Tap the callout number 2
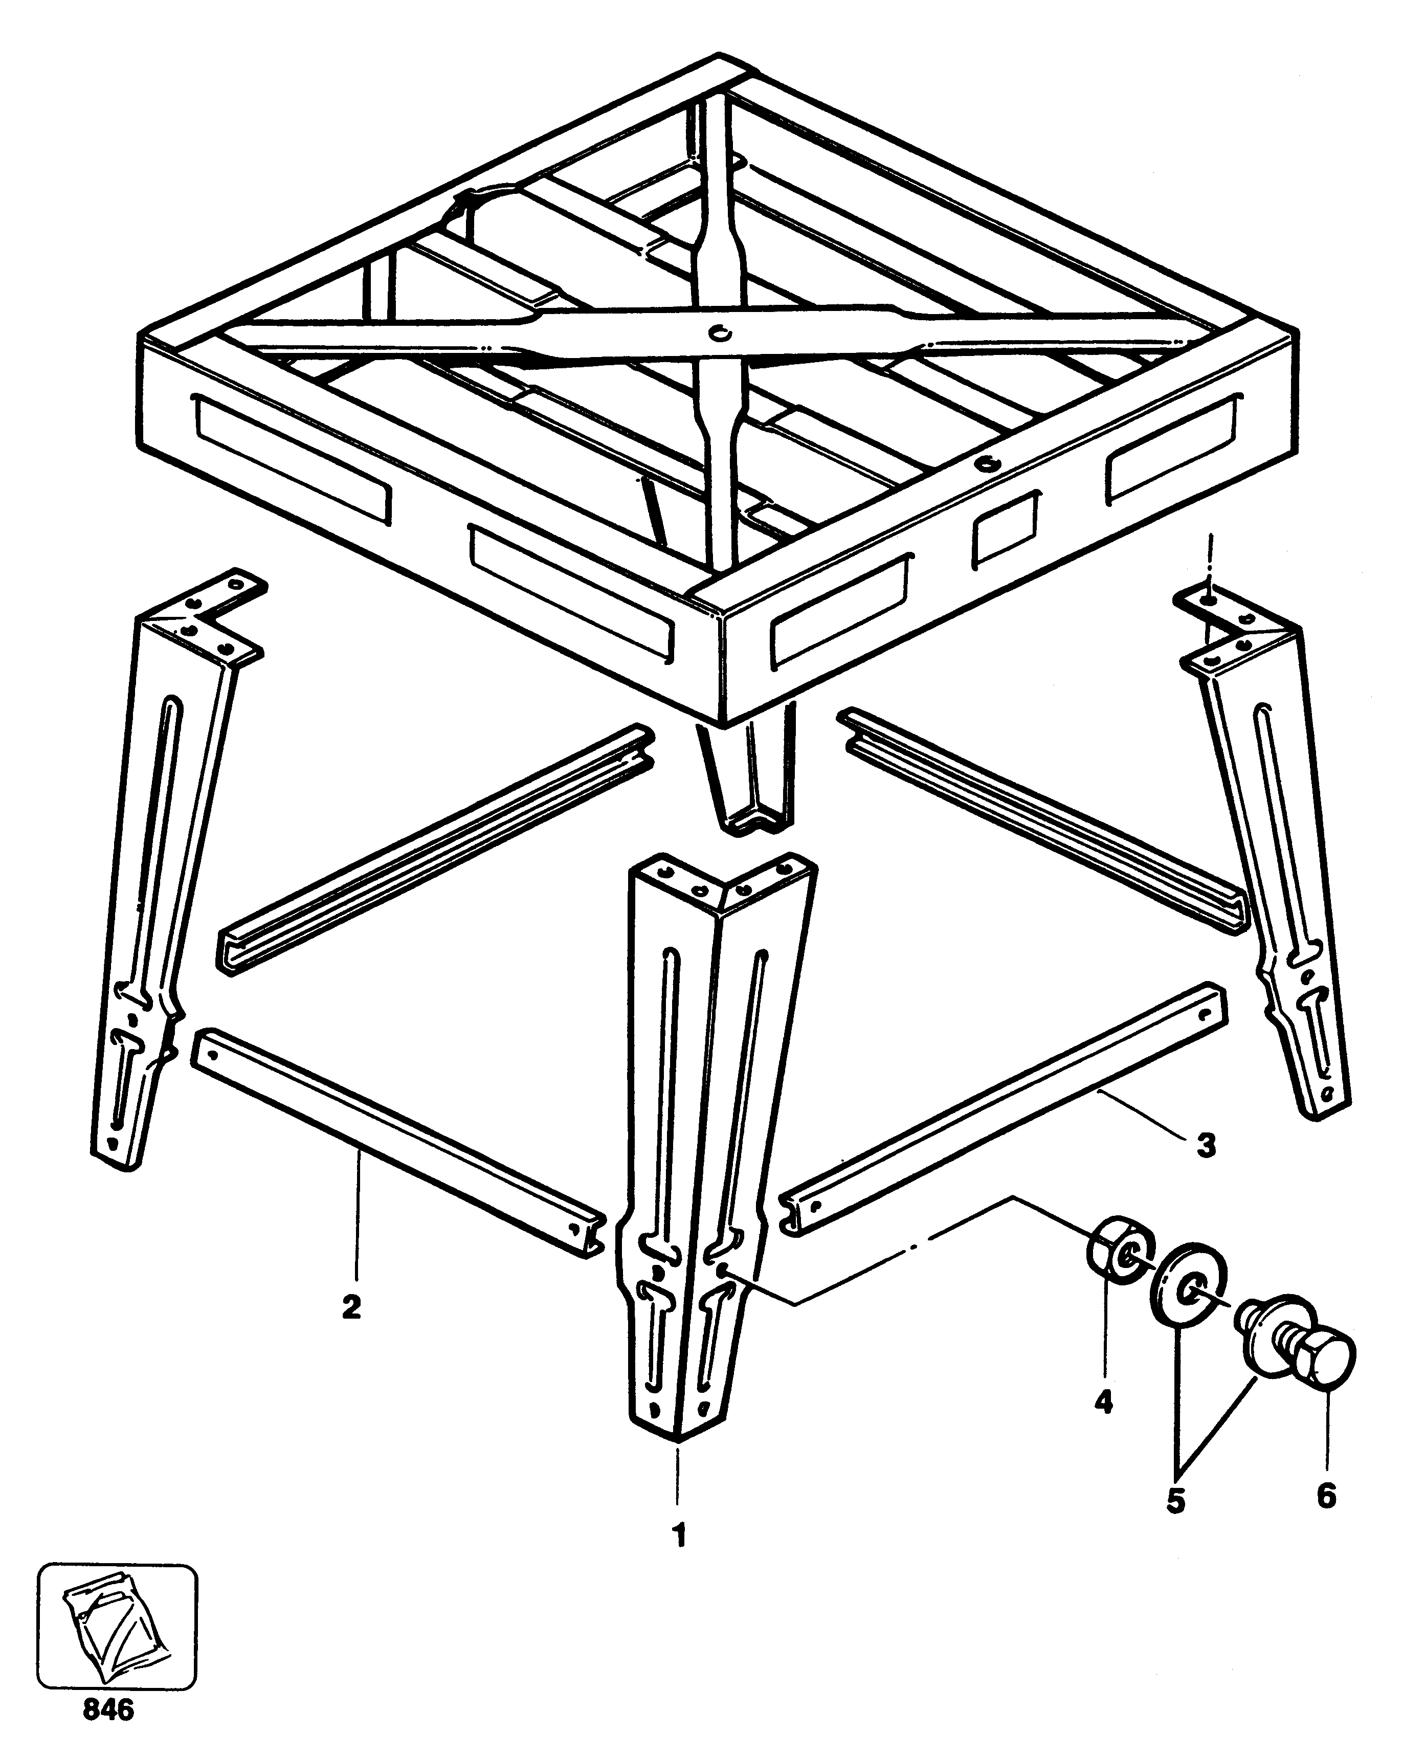[x=351, y=1307]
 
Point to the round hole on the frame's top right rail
[x=989, y=463]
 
